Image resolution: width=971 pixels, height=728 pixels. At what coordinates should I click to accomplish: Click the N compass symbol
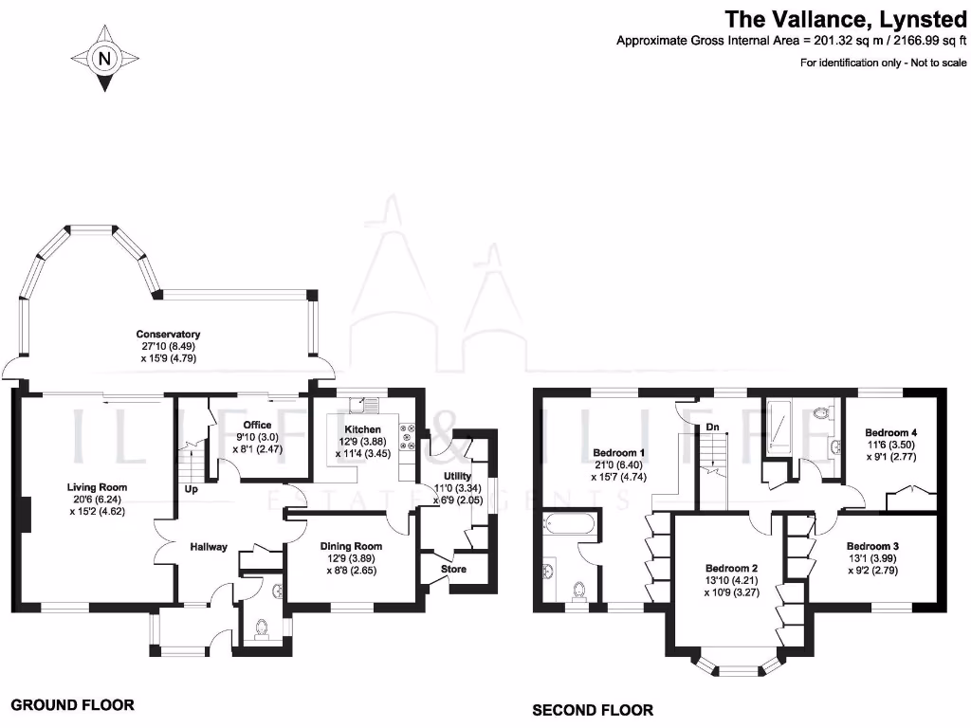coord(104,59)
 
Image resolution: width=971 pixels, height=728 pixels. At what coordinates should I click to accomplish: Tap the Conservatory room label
coord(168,335)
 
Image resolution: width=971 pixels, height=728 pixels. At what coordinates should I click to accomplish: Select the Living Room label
coord(97,487)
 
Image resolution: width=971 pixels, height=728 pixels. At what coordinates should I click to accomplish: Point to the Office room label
coord(257,425)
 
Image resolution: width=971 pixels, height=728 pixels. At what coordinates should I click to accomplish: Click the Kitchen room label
coord(362,429)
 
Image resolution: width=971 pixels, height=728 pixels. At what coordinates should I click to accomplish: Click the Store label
coord(453,570)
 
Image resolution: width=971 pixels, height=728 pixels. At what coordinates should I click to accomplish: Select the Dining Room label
coord(351,546)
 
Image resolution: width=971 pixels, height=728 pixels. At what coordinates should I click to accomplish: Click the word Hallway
coord(209,546)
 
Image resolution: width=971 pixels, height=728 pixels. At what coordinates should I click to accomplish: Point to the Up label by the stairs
coord(191,490)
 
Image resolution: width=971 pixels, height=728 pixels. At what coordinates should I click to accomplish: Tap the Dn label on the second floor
coord(712,428)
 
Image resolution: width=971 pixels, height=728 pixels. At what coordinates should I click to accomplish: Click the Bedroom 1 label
coord(618,452)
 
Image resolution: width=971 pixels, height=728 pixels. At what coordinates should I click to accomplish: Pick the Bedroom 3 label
coord(872,546)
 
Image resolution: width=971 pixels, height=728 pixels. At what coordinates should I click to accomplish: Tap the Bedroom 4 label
coord(891,432)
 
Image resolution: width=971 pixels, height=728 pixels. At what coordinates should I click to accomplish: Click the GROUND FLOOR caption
coord(72,704)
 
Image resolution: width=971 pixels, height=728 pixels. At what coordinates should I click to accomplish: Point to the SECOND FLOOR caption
coord(593,710)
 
